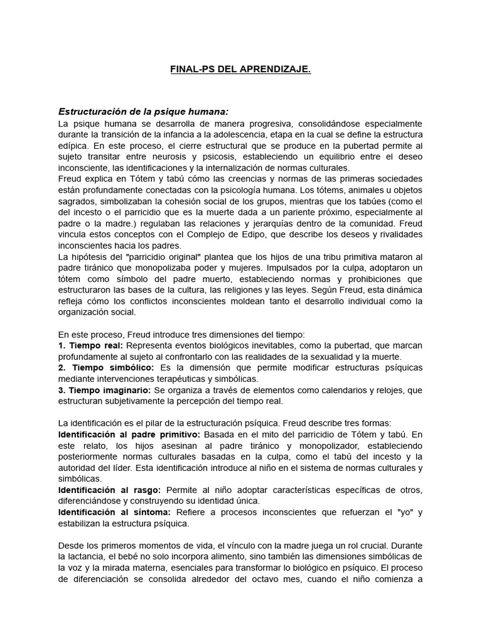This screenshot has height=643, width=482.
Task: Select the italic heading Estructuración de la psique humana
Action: [x=144, y=112]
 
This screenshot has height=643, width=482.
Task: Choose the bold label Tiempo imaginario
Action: [x=108, y=390]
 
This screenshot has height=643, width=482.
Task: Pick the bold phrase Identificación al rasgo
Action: [x=110, y=490]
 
